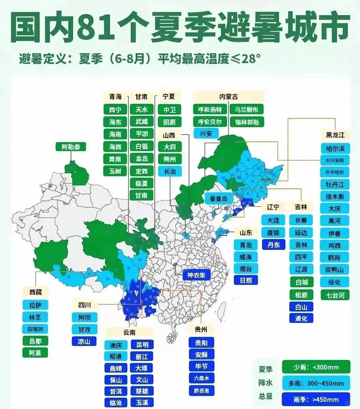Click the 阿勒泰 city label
pyautogui.click(x=71, y=147)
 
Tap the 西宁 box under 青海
pyautogui.click(x=115, y=110)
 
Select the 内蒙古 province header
pyautogui.click(x=229, y=97)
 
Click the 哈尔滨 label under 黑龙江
pyautogui.click(x=335, y=148)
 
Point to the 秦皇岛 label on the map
pyautogui.click(x=219, y=199)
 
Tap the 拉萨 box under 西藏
pyautogui.click(x=35, y=305)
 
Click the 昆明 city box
pyautogui.click(x=142, y=344)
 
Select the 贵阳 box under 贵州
pyautogui.click(x=201, y=343)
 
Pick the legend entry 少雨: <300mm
pyautogui.click(x=316, y=367)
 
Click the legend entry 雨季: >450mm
pyautogui.click(x=316, y=399)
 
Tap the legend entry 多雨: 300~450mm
pyautogui.click(x=316, y=383)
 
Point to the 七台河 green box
pyautogui.click(x=335, y=295)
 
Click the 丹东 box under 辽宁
pyautogui.click(x=273, y=244)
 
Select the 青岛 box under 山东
pyautogui.click(x=246, y=245)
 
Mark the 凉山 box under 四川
pyautogui.click(x=84, y=341)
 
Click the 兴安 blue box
pyautogui.click(x=206, y=134)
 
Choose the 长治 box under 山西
pyautogui.click(x=170, y=171)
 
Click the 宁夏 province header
pyautogui.click(x=169, y=97)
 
